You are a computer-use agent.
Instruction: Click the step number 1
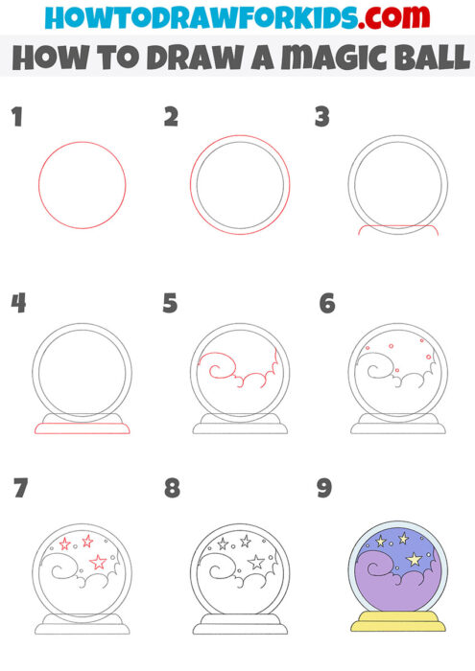(x=16, y=118)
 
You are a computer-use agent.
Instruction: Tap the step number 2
(x=172, y=118)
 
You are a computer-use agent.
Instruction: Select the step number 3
(x=323, y=118)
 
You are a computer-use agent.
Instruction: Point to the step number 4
(x=18, y=304)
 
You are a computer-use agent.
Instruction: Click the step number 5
(x=171, y=304)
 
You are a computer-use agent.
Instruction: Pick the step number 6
(x=327, y=304)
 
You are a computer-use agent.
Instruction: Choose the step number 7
(x=20, y=488)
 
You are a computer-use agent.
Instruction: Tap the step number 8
(x=172, y=488)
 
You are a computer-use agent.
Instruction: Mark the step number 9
(x=324, y=488)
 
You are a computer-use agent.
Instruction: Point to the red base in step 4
(x=82, y=428)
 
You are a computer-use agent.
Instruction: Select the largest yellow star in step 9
(x=415, y=559)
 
